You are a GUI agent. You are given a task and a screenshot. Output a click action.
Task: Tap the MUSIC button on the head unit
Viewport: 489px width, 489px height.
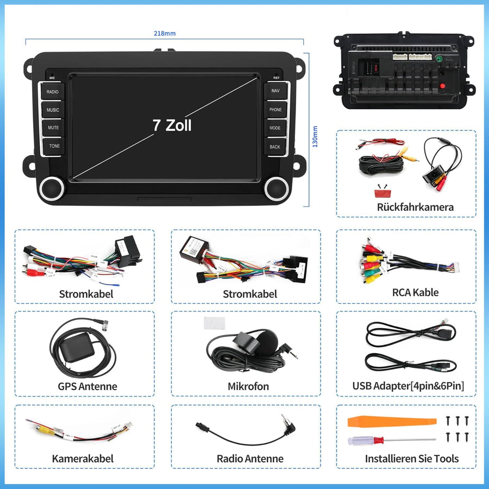[x=53, y=110]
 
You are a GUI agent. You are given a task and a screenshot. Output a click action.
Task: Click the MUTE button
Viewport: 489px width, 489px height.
[x=53, y=128]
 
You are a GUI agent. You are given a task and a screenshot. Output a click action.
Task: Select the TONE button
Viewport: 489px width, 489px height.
[x=53, y=146]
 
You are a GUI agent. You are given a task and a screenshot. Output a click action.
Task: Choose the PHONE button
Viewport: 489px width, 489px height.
[x=275, y=110]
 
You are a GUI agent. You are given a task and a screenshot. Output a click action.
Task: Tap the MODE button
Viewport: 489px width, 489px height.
[x=275, y=128]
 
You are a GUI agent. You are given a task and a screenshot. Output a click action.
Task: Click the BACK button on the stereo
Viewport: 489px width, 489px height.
[x=275, y=147]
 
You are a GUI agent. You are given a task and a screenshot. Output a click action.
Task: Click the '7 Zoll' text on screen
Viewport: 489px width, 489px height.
[x=172, y=125]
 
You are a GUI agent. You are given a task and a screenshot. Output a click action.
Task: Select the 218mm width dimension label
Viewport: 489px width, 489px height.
[x=165, y=34]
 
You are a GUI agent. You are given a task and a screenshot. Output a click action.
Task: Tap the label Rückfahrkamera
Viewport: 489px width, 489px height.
[x=415, y=207]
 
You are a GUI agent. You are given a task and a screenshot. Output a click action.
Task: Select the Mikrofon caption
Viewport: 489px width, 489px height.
[x=248, y=387]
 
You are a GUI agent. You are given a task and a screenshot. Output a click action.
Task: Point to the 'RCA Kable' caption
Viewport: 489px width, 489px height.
[x=415, y=292]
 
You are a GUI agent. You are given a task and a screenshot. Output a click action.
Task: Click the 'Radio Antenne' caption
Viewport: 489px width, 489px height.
[x=250, y=459]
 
